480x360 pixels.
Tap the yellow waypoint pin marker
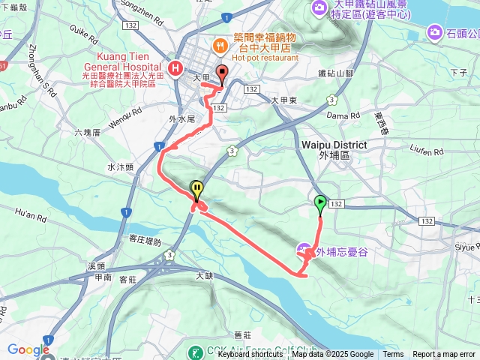[196, 189]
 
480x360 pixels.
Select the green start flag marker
[320, 202]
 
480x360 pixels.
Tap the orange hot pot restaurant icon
[220, 45]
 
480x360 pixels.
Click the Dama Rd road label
[343, 115]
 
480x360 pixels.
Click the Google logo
[28, 349]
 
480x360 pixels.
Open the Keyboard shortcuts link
[250, 355]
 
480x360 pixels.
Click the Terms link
[393, 355]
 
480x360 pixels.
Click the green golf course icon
[195, 352]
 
